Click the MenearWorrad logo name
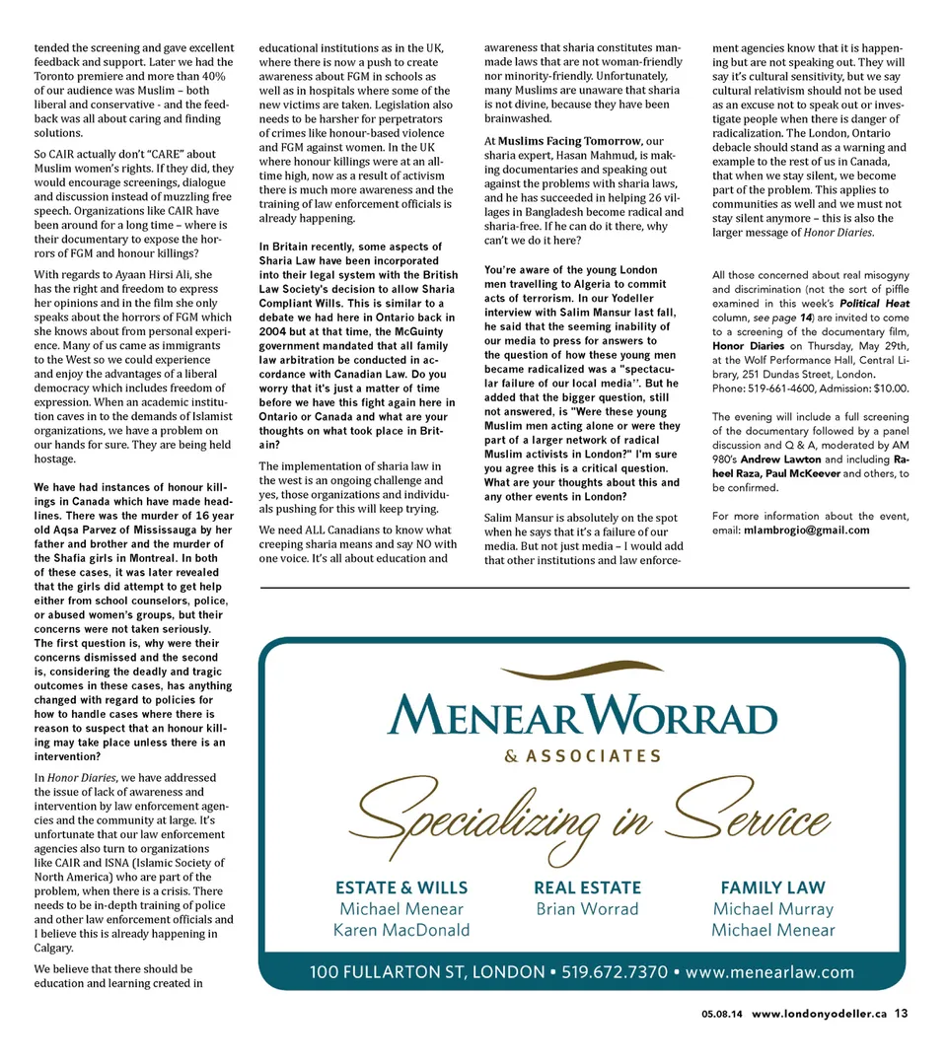(x=582, y=715)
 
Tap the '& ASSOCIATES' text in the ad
(x=582, y=756)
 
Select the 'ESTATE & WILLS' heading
(x=401, y=887)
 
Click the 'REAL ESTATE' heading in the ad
(x=587, y=887)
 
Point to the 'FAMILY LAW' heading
(x=772, y=887)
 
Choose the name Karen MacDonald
(x=401, y=930)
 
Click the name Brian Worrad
(x=587, y=909)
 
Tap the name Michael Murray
(x=772, y=909)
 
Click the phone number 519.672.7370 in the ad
(x=613, y=972)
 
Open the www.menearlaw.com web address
(x=769, y=972)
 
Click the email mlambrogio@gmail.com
(x=806, y=530)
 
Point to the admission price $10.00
(x=884, y=389)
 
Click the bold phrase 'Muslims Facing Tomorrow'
(x=569, y=141)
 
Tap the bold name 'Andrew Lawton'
(x=782, y=460)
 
